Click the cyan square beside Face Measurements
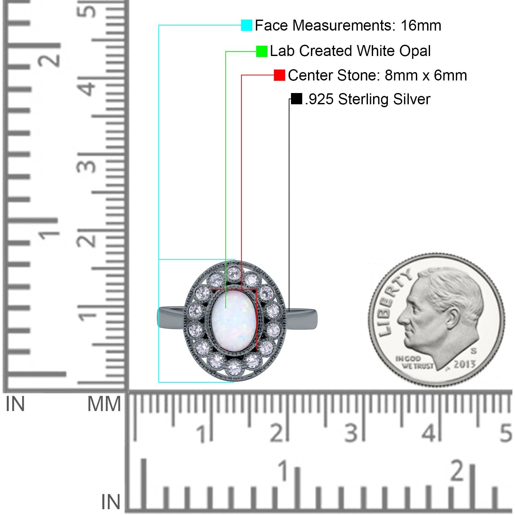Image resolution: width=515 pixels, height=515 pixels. pos(247,25)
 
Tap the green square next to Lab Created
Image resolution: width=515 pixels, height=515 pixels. pos(262,51)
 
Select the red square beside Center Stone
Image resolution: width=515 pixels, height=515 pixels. pos(279,75)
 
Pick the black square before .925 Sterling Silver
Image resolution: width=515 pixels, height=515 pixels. pos(296,99)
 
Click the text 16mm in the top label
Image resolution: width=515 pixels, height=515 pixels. pos(421,25)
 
